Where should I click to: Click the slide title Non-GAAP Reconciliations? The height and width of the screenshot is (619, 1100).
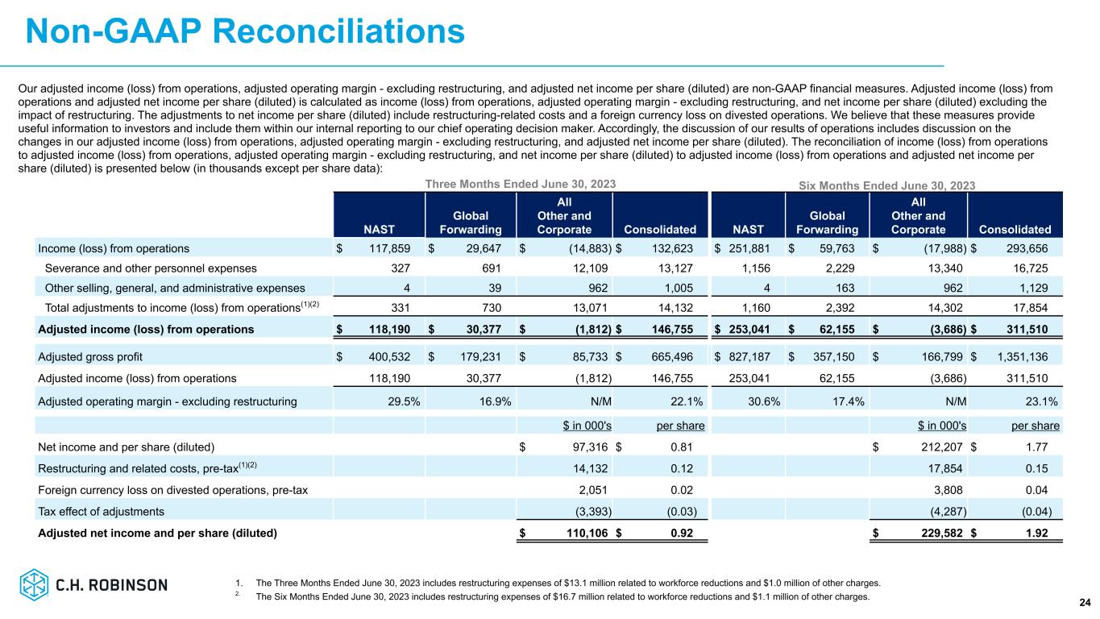point(245,32)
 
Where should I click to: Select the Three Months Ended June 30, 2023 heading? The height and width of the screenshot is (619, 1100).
point(521,184)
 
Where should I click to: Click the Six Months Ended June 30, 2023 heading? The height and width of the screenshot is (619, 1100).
point(885,185)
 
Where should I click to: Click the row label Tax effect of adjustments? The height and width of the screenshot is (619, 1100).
point(102,511)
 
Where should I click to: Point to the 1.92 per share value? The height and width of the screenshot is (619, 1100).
point(1045,533)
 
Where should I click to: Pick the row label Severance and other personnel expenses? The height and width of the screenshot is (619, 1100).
point(152,268)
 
